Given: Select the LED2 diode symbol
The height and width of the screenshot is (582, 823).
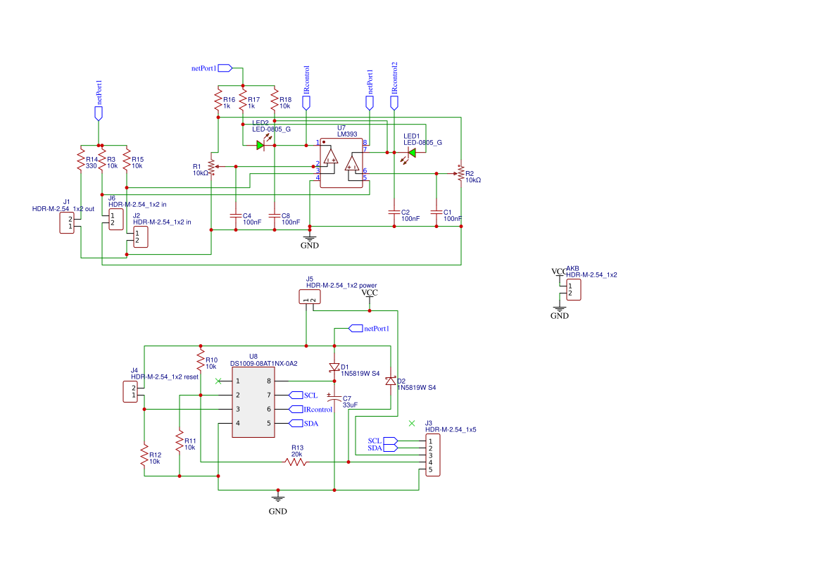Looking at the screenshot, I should click(260, 145).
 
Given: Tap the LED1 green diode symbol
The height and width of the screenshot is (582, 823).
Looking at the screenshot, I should click(412, 152).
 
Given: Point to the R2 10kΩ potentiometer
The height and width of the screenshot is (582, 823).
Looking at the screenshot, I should click(460, 173).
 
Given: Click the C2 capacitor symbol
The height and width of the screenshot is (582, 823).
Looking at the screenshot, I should click(394, 211).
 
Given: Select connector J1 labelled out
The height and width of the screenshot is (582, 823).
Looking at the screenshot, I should click(67, 222).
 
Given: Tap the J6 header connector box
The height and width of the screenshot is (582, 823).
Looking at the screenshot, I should click(115, 219).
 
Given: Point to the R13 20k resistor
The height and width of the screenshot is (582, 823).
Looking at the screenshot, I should click(296, 462).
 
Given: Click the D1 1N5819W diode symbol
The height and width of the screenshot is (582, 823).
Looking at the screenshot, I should click(334, 367).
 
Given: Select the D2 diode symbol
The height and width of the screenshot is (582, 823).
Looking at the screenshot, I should click(390, 381).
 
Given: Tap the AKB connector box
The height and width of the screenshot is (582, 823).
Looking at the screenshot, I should click(573, 289).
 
